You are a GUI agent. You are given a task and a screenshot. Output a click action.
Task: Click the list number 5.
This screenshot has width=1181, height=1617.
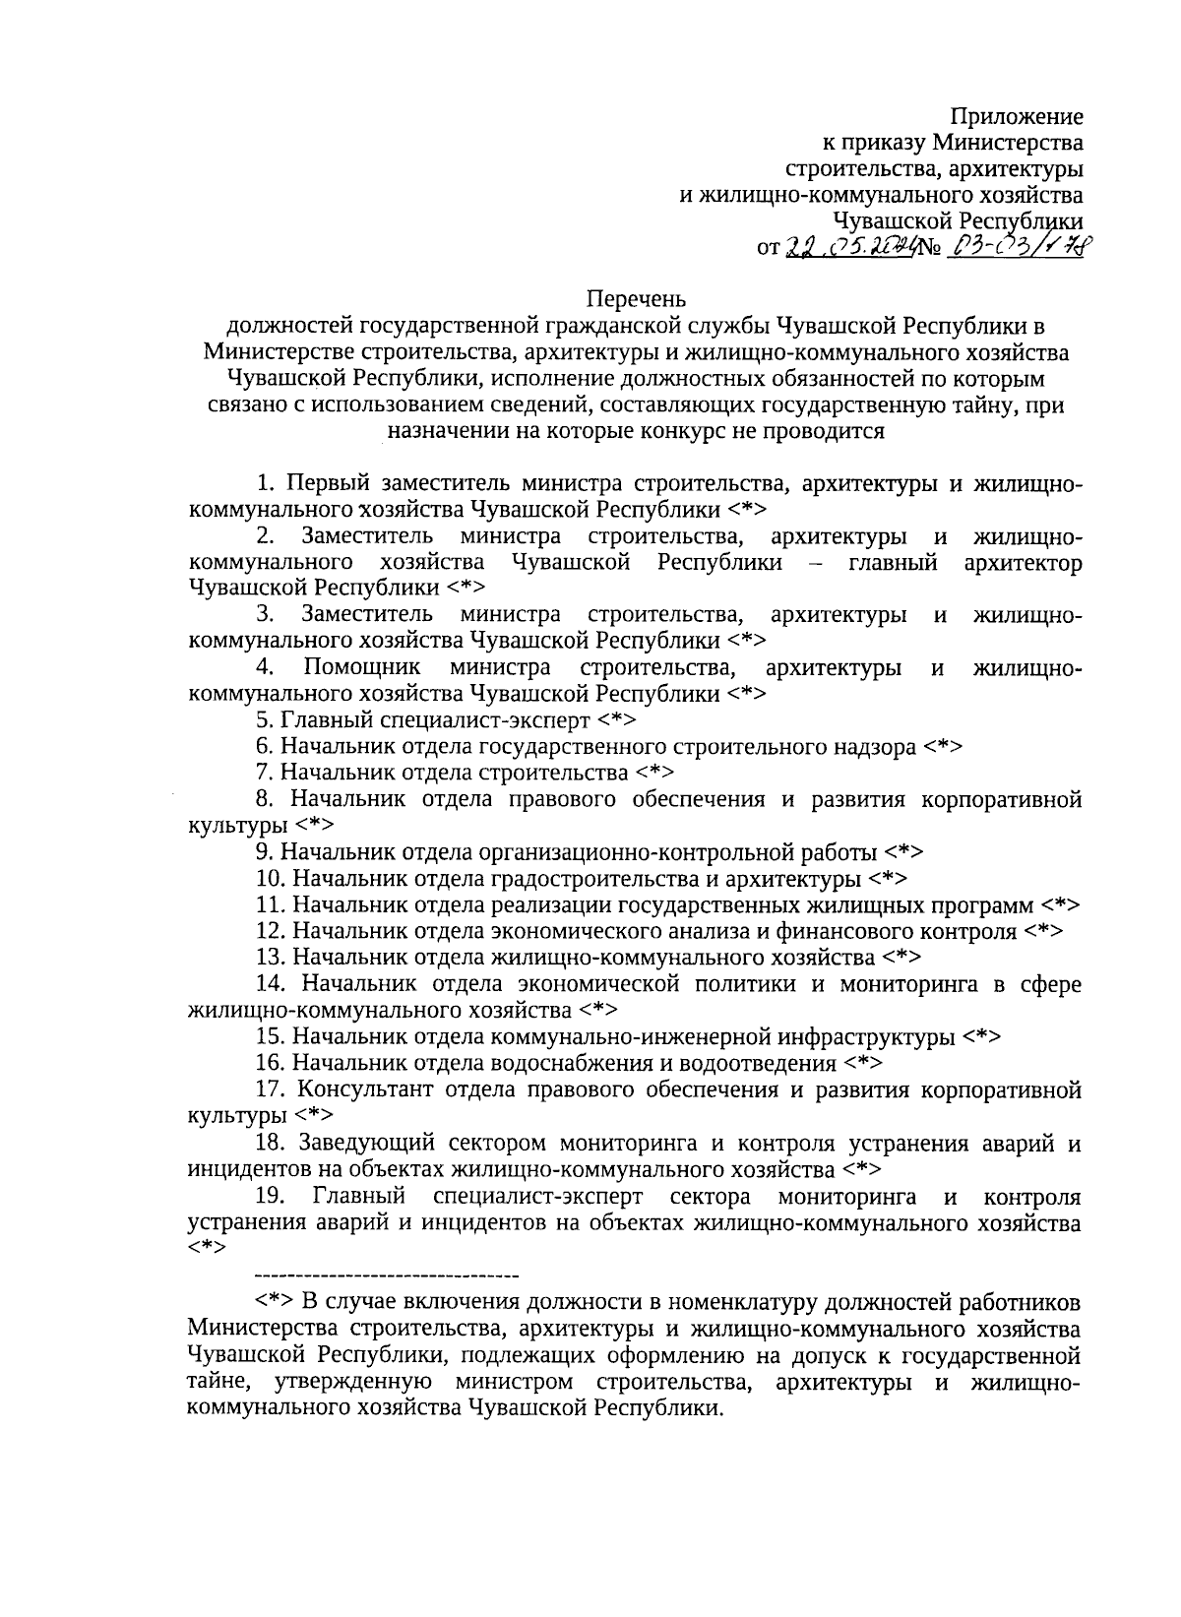click(x=263, y=720)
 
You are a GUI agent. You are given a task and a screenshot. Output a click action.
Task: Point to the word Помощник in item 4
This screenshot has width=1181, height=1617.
click(x=362, y=668)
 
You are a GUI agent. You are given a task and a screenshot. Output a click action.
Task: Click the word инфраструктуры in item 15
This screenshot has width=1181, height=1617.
click(x=867, y=1037)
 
